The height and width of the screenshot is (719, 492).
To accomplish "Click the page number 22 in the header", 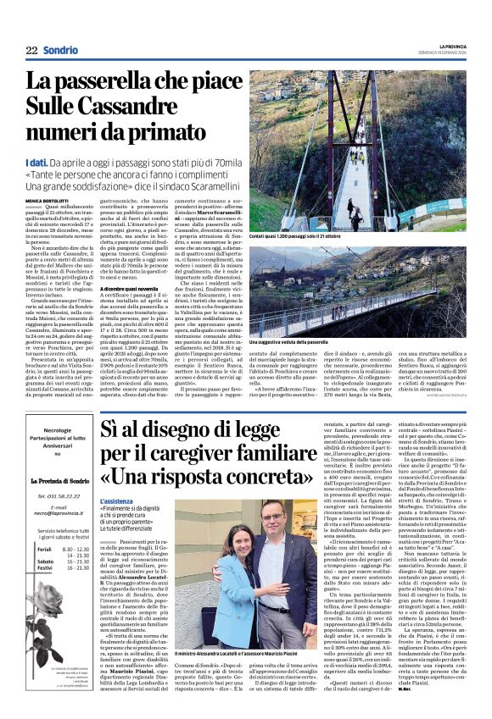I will (x=31, y=51).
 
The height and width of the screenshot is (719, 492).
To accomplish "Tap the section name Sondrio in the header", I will (x=61, y=51).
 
